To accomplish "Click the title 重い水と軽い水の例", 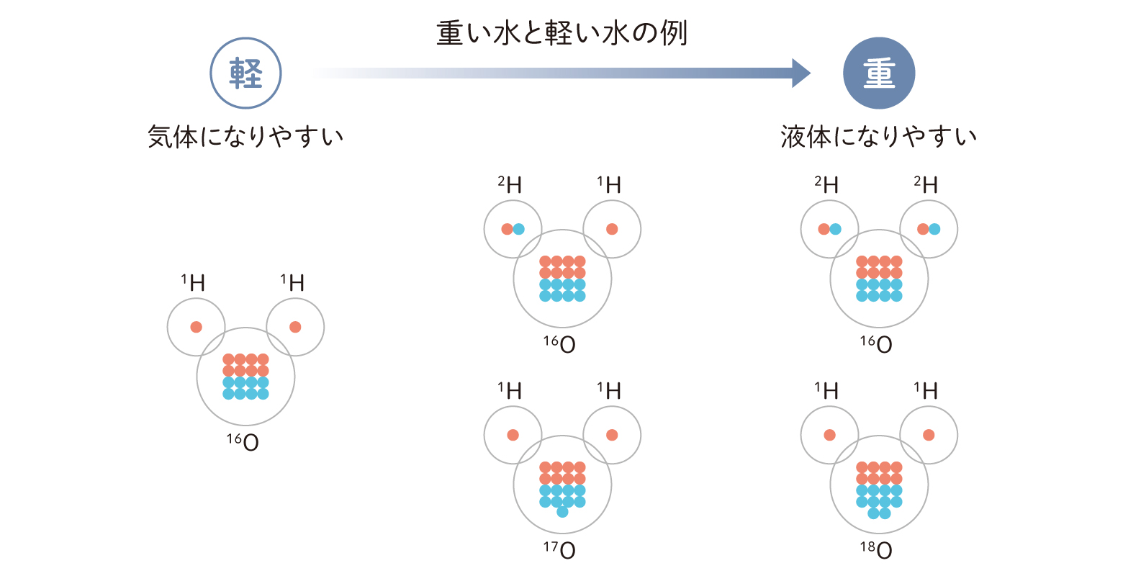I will pos(561,33).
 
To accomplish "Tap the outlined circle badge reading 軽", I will pos(245,73).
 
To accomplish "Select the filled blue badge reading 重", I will pos(878,73).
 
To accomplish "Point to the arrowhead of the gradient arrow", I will pos(800,73).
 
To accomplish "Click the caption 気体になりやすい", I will pos(245,136).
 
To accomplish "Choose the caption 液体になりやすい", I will pos(878,136).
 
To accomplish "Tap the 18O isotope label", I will pos(876,550).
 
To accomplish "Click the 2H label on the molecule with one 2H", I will pos(510,185).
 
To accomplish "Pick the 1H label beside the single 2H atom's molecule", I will pos(609,185).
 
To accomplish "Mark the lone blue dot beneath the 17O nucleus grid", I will pos(562,513).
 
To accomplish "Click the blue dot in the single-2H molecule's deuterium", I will pos(519,229).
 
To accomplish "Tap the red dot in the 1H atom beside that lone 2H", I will pos(612,229).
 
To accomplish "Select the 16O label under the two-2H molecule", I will pos(876,344).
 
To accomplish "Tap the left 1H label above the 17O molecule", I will pos(510,391).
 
